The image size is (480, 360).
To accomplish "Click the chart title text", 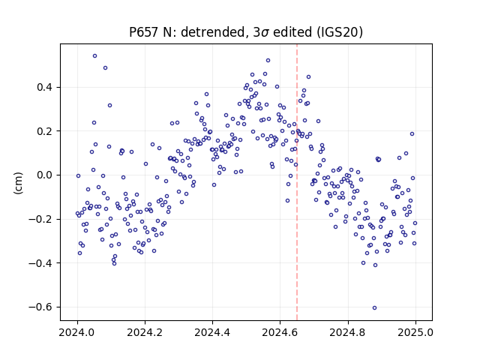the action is tap(246, 31).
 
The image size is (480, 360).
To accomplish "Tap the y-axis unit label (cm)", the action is tap(18, 183).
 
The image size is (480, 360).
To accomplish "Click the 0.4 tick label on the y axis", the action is tap(45, 87).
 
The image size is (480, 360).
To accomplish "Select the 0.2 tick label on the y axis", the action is tap(45, 131).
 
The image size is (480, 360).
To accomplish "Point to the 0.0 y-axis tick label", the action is tap(45, 175).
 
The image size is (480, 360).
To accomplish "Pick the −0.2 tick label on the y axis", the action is tap(40, 219).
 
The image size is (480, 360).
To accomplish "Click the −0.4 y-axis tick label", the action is tap(40, 263).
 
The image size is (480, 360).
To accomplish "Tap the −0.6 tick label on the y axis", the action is tap(40, 307).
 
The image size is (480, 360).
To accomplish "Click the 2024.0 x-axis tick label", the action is tap(77, 332).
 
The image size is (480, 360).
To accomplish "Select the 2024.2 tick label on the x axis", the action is tap(145, 332).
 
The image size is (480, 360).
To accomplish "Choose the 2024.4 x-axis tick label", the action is tap(212, 332).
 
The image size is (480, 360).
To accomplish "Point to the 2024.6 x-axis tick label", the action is tap(280, 332).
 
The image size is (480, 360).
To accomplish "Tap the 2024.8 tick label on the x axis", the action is tap(348, 332).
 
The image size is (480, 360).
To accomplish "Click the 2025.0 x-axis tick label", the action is tap(415, 332).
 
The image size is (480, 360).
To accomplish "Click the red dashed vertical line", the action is tap(297, 182).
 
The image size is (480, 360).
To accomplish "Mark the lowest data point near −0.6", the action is tap(374, 308).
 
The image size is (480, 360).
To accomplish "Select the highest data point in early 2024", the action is tap(95, 56).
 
